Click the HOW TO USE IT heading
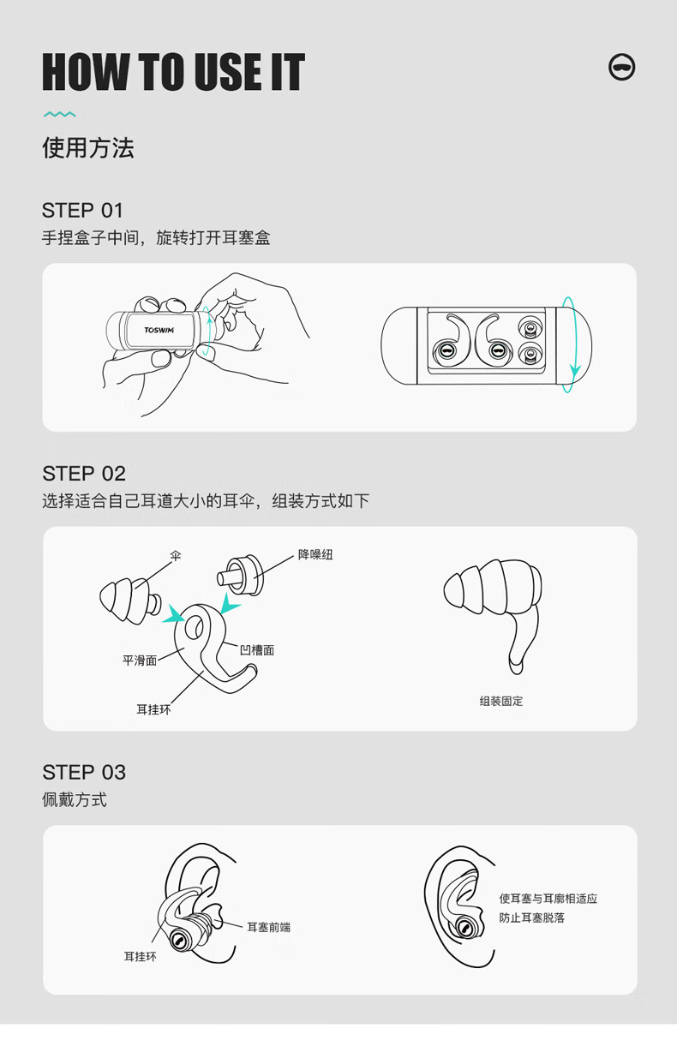[173, 71]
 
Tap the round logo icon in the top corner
[622, 67]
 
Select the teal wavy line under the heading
[59, 114]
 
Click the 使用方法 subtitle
[88, 148]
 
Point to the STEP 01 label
[82, 210]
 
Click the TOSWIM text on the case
[159, 330]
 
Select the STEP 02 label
[84, 474]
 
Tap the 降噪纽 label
[315, 554]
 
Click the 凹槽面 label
[257, 650]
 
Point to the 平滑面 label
[140, 660]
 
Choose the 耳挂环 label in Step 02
[153, 710]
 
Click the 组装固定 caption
[501, 701]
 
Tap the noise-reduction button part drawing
[240, 575]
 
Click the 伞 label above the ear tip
[175, 556]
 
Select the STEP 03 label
[84, 773]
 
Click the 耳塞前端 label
[268, 927]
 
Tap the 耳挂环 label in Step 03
[141, 957]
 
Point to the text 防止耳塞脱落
[531, 917]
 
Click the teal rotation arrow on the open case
[572, 344]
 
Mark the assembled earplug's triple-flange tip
[493, 587]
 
